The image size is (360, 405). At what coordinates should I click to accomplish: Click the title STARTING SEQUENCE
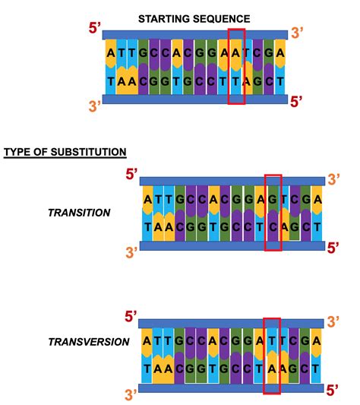click(194, 17)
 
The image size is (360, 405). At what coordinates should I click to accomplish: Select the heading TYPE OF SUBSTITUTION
click(65, 152)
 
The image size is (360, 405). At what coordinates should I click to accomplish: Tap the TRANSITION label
click(78, 213)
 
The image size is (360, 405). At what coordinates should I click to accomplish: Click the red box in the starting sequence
click(236, 67)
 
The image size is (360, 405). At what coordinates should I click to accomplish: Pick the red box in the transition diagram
click(273, 212)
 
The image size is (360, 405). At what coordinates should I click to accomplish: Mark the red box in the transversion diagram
click(271, 356)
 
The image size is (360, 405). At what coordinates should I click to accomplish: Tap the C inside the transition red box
click(273, 226)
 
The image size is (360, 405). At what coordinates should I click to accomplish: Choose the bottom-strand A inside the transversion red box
click(271, 371)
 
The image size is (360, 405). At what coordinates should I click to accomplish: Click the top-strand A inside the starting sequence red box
click(236, 53)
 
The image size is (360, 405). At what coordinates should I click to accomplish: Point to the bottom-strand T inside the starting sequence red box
click(236, 81)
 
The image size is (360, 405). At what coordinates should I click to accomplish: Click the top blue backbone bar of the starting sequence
click(194, 35)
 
